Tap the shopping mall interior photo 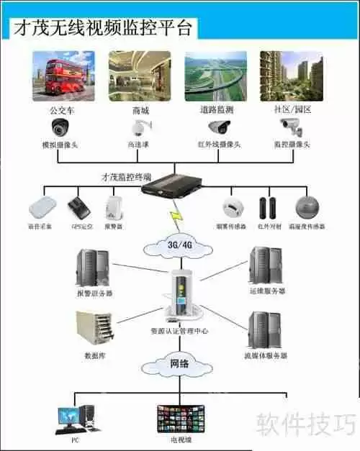[x=140, y=76]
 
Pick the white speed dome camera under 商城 [x=137, y=128]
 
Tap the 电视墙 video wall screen [x=180, y=418]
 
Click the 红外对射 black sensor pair [x=269, y=206]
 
